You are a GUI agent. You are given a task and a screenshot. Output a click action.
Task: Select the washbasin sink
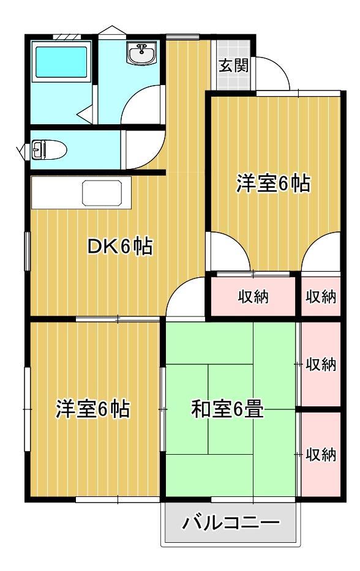click(x=141, y=54)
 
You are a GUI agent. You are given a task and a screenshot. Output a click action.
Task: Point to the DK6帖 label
click(x=119, y=247)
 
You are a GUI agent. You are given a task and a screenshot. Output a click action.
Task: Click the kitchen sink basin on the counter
click(x=103, y=194)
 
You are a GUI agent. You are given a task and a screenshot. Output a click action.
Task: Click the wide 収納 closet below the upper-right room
click(x=253, y=297)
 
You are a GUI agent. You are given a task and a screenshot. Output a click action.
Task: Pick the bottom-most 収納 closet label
click(x=321, y=455)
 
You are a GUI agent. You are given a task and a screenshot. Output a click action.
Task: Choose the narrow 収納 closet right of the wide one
click(x=321, y=297)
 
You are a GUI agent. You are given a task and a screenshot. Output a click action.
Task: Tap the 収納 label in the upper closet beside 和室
click(x=321, y=364)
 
